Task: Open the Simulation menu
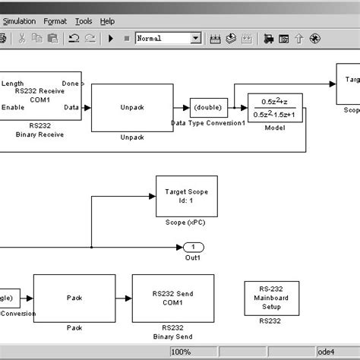point(19,21)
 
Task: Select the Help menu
point(107,21)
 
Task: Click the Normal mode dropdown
point(168,38)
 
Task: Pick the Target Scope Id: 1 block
point(186,196)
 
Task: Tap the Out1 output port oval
point(193,247)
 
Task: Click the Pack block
point(74,299)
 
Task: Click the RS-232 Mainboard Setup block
point(270,298)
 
